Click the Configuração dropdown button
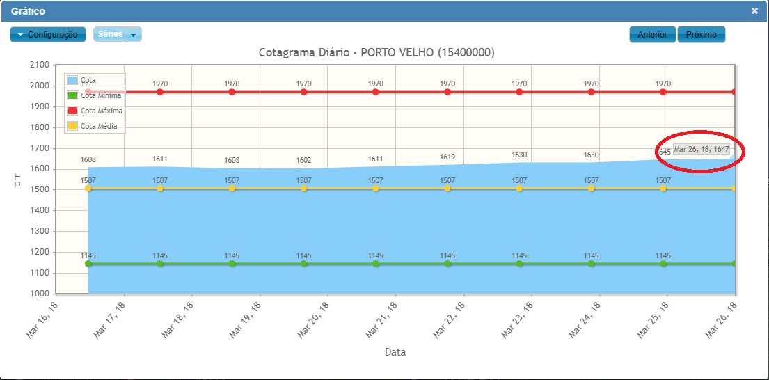click(x=48, y=35)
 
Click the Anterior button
click(x=653, y=35)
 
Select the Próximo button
click(x=701, y=35)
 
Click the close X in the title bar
click(x=754, y=11)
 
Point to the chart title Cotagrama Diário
click(x=376, y=53)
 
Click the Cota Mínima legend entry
click(x=100, y=95)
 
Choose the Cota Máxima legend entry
click(x=101, y=111)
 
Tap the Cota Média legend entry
click(x=98, y=126)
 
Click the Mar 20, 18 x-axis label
click(x=313, y=320)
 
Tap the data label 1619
click(x=447, y=157)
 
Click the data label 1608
click(x=88, y=160)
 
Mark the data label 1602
click(x=303, y=161)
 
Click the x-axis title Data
click(x=395, y=352)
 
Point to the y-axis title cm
click(x=19, y=179)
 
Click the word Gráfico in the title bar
click(x=28, y=11)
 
